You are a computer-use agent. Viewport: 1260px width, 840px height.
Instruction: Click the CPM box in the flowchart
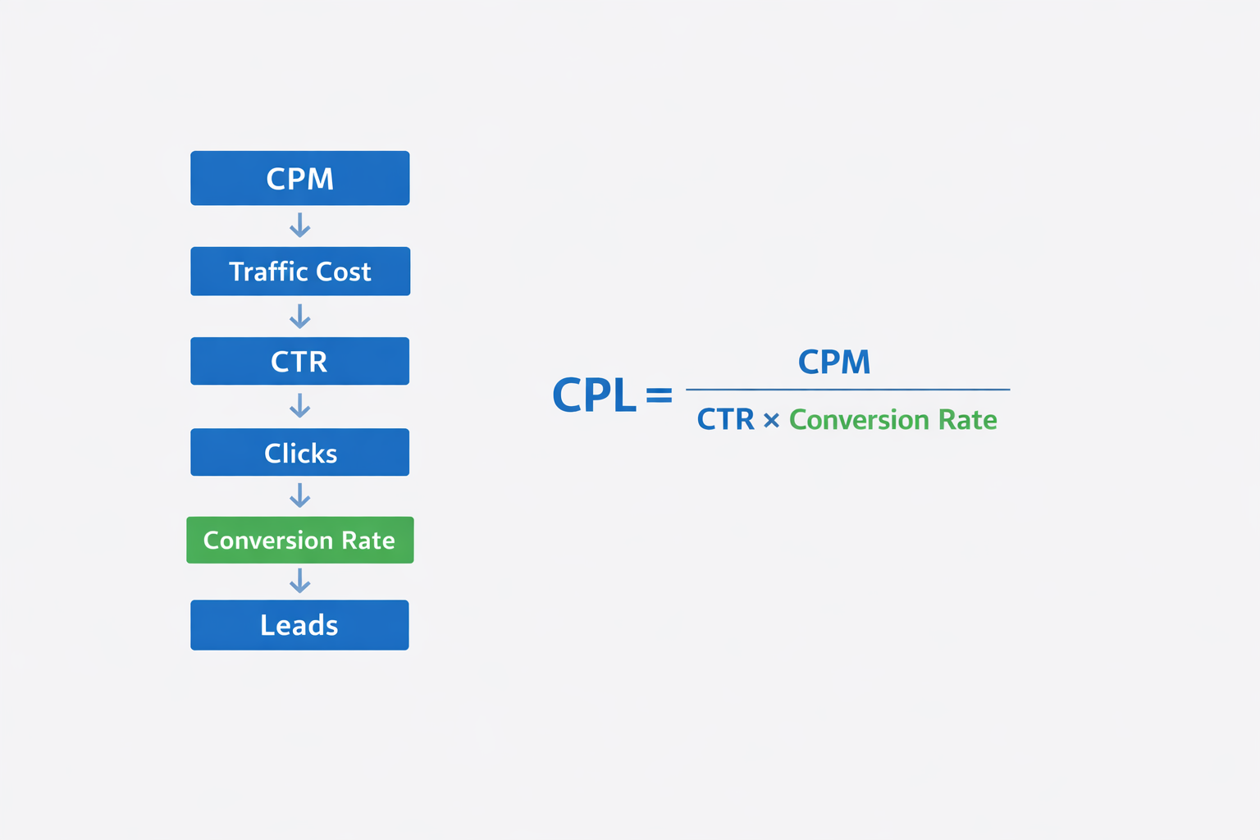[299, 178]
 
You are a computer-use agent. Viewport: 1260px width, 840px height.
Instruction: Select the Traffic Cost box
[299, 272]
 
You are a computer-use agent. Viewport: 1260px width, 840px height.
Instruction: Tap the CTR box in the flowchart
[299, 361]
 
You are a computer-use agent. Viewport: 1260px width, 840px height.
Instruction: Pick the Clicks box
[299, 453]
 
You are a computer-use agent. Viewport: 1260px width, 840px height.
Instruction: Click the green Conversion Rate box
[299, 540]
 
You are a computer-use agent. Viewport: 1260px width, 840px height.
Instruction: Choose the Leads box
[299, 625]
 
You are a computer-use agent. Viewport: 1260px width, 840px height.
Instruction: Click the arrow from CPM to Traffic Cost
[300, 226]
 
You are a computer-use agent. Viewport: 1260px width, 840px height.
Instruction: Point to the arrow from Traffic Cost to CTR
[300, 317]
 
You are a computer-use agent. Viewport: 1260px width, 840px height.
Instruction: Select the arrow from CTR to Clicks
[300, 406]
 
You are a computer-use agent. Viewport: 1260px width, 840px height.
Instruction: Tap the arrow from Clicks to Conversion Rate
[300, 495]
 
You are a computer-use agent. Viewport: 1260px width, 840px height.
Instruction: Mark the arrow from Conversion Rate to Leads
[300, 582]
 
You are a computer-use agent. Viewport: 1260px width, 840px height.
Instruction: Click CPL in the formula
[594, 395]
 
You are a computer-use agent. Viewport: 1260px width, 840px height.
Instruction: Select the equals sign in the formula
[659, 396]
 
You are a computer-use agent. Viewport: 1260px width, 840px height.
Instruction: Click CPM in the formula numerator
[834, 362]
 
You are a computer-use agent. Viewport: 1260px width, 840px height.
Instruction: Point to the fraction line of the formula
[847, 390]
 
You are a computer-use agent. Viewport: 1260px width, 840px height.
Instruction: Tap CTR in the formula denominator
[725, 420]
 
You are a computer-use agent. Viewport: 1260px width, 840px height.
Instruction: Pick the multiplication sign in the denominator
[771, 421]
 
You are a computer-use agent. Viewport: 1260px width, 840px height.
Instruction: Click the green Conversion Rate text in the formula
[892, 420]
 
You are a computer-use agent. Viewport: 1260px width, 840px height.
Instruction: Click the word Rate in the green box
[368, 540]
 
